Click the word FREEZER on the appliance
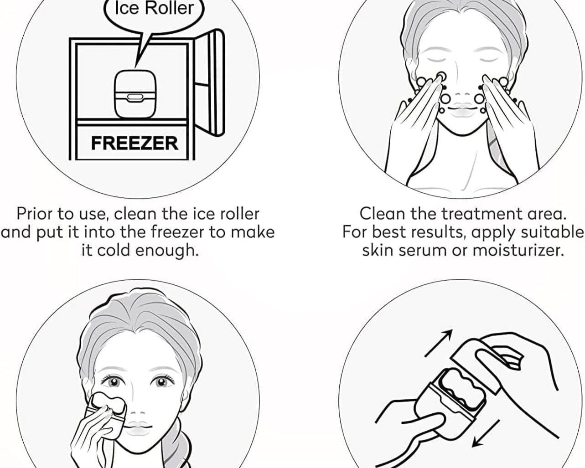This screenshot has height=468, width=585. click(135, 143)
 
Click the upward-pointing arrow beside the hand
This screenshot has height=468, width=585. click(439, 342)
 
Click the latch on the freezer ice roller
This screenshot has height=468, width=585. click(134, 97)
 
